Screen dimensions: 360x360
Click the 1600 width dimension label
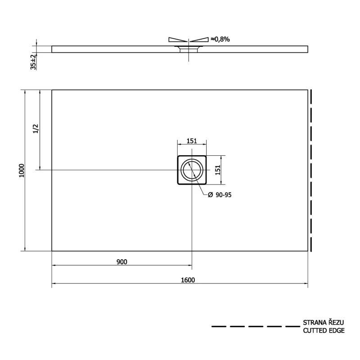(x=188, y=280)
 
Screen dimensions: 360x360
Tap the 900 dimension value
(x=121, y=262)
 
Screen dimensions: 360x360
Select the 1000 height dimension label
(x=21, y=171)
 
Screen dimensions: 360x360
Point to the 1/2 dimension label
(x=36, y=129)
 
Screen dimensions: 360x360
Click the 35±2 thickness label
(x=33, y=62)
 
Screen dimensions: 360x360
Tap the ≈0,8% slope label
(x=220, y=39)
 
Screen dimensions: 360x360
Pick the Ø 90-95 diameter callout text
(x=220, y=195)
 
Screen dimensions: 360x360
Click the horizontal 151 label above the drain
(x=192, y=141)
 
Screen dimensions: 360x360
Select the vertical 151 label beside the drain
(x=218, y=170)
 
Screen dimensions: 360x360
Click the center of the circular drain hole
(x=192, y=170)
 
